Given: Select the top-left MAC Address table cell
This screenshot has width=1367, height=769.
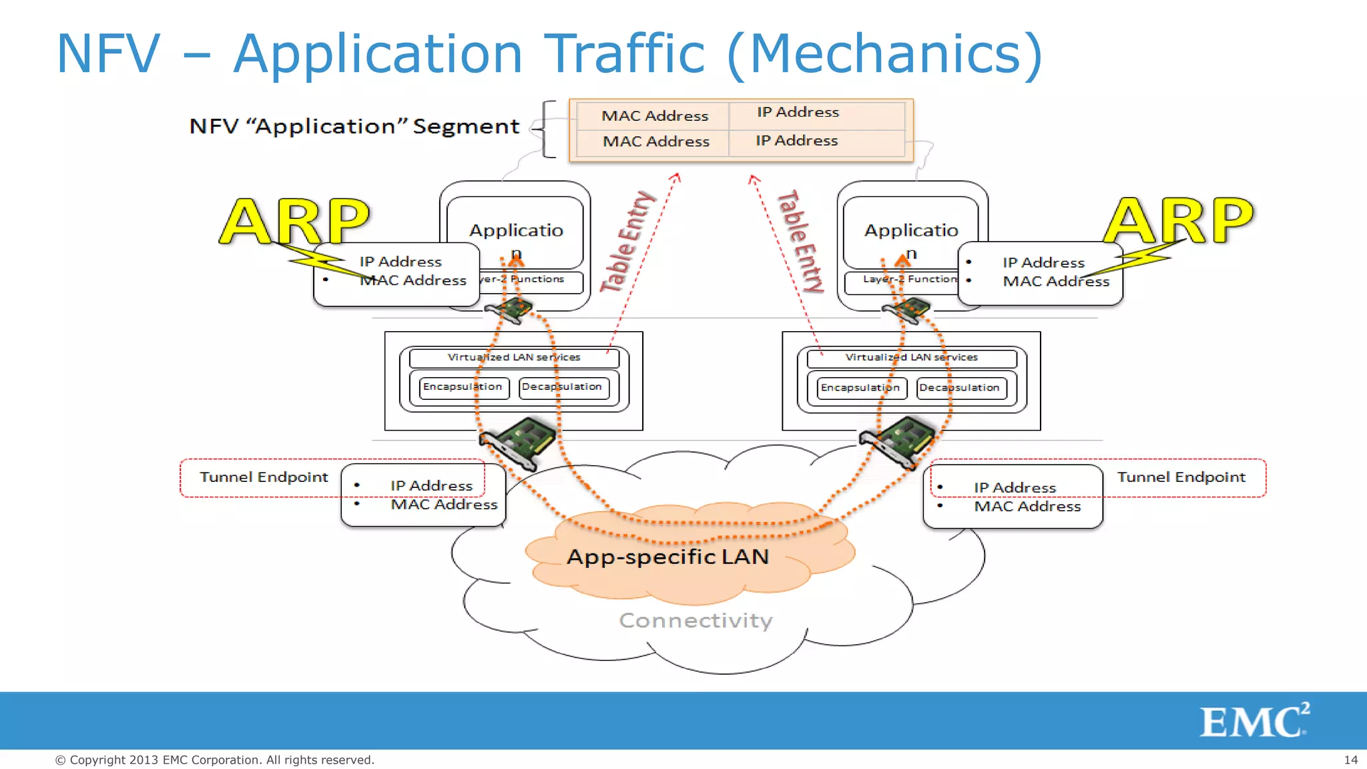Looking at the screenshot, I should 654,115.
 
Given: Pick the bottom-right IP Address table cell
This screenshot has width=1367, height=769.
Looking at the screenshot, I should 797,141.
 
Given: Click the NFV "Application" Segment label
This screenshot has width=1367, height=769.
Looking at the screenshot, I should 354,126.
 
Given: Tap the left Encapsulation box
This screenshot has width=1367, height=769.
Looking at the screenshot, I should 463,387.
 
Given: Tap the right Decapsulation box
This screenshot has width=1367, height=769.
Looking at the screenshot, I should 959,388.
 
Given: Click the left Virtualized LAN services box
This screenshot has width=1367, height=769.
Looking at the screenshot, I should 514,358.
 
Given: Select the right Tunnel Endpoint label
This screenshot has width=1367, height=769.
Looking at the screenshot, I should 1181,477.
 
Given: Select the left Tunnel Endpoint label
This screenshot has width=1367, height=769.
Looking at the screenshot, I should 264,477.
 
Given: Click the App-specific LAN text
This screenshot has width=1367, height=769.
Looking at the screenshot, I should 667,557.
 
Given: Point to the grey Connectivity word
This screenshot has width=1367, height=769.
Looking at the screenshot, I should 696,621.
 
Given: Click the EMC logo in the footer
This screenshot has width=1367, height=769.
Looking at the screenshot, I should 1254,721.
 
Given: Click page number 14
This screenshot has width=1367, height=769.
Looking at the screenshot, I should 1350,760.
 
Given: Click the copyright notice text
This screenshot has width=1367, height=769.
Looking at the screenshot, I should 214,760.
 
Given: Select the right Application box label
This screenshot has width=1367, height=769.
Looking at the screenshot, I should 911,231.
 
